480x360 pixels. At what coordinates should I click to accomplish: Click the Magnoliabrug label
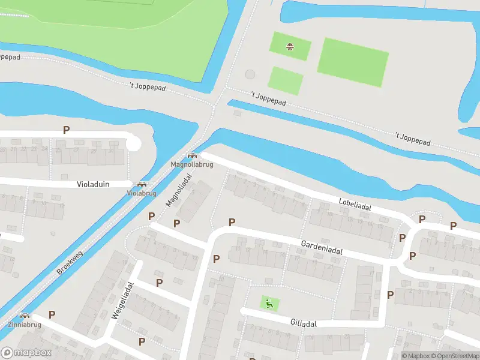click(191, 164)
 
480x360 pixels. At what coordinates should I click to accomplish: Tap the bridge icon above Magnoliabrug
click(191, 156)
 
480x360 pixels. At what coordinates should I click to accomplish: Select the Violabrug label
click(142, 193)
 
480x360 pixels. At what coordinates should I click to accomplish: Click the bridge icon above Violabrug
click(142, 185)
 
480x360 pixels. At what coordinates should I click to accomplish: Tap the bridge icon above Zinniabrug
click(25, 316)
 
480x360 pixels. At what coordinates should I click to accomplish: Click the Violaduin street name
click(93, 185)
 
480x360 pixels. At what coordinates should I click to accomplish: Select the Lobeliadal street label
click(355, 205)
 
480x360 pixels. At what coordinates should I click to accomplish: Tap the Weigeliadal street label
click(122, 301)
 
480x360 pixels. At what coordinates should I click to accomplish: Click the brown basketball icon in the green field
click(290, 46)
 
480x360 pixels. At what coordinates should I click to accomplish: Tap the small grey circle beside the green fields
click(250, 74)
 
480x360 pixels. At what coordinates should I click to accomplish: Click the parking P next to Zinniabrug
click(52, 314)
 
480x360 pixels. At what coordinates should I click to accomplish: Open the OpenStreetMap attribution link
click(453, 356)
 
